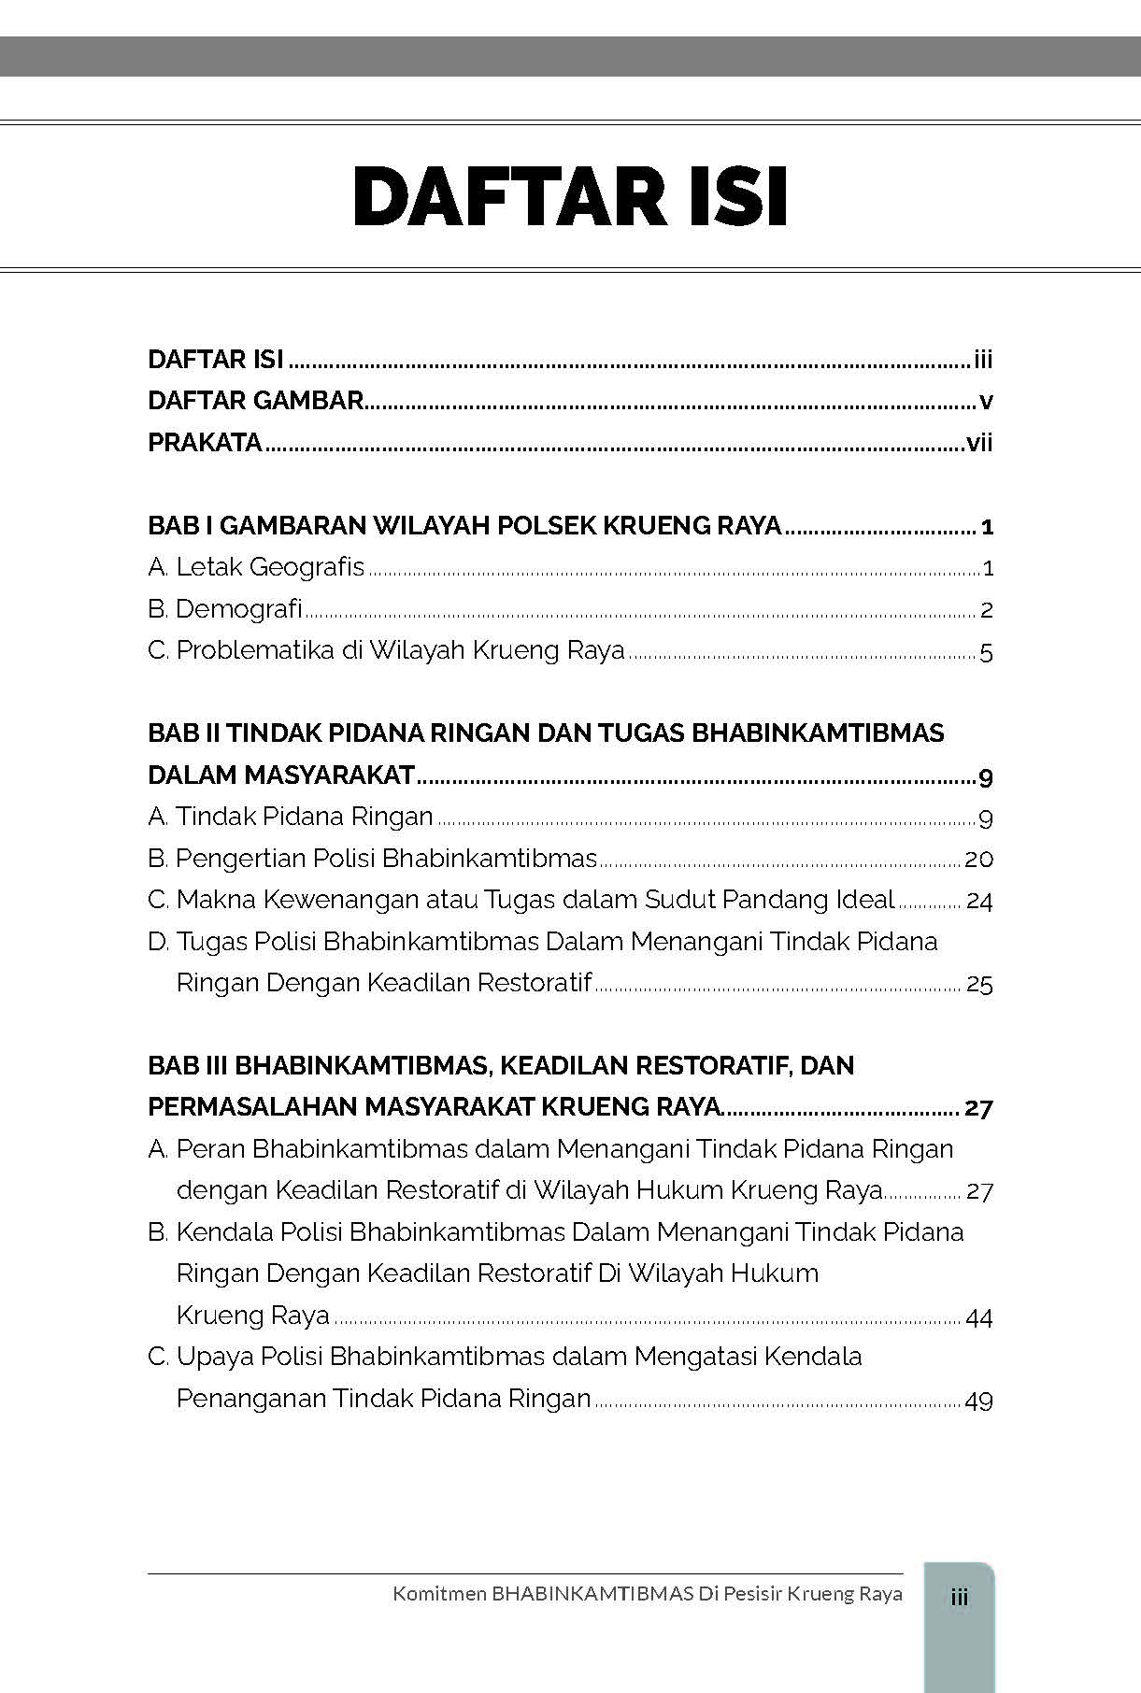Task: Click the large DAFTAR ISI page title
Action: pyautogui.click(x=570, y=196)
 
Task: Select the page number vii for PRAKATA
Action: pyautogui.click(x=978, y=443)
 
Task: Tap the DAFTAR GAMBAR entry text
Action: pyautogui.click(x=255, y=401)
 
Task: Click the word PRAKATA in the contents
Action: pyautogui.click(x=205, y=443)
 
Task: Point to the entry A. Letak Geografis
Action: pyautogui.click(x=256, y=567)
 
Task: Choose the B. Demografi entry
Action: pyautogui.click(x=225, y=609)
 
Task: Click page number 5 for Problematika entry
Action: pyautogui.click(x=986, y=652)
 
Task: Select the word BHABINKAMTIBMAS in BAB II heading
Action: pyautogui.click(x=818, y=733)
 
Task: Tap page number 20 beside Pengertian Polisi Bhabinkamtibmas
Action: pyautogui.click(x=978, y=860)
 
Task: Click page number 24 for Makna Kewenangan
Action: pyautogui.click(x=978, y=902)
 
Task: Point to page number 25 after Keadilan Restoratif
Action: pyautogui.click(x=978, y=984)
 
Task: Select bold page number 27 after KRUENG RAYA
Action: pyautogui.click(x=978, y=1108)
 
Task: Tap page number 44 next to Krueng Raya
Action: pyautogui.click(x=978, y=1317)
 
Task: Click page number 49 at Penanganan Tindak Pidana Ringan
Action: pyautogui.click(x=978, y=1400)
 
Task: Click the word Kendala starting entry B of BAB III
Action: pyautogui.click(x=224, y=1232)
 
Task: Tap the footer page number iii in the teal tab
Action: pyautogui.click(x=959, y=1597)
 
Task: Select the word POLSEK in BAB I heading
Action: pyautogui.click(x=546, y=526)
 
